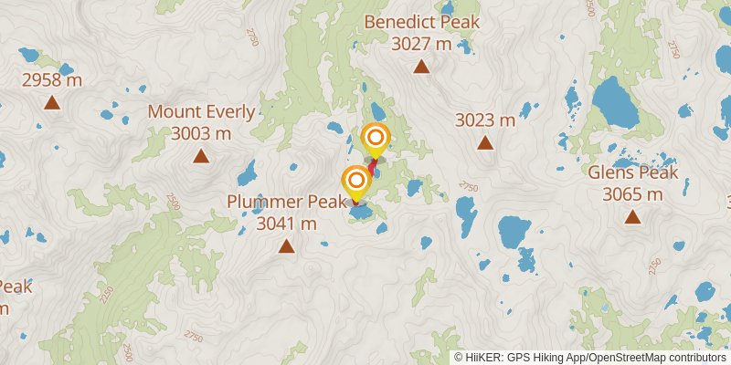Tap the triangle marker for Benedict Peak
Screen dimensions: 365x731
[421, 66]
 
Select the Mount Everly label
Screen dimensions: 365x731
[201, 112]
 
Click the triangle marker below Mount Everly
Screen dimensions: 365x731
[201, 156]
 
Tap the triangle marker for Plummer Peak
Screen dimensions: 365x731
[286, 245]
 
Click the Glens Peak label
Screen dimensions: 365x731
[632, 172]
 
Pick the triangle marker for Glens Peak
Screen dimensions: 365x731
[632, 216]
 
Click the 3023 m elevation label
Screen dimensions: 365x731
[485, 120]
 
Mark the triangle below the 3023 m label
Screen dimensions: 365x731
[485, 142]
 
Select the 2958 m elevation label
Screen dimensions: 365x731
[52, 80]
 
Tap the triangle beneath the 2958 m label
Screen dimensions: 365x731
[52, 103]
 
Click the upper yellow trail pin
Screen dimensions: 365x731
[375, 139]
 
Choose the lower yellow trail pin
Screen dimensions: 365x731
[356, 181]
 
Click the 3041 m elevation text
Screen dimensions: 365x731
[286, 223]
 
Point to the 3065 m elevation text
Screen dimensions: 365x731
[632, 193]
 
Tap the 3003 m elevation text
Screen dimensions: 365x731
[201, 133]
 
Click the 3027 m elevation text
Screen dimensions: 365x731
[421, 43]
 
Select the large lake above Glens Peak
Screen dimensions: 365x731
[616, 103]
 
